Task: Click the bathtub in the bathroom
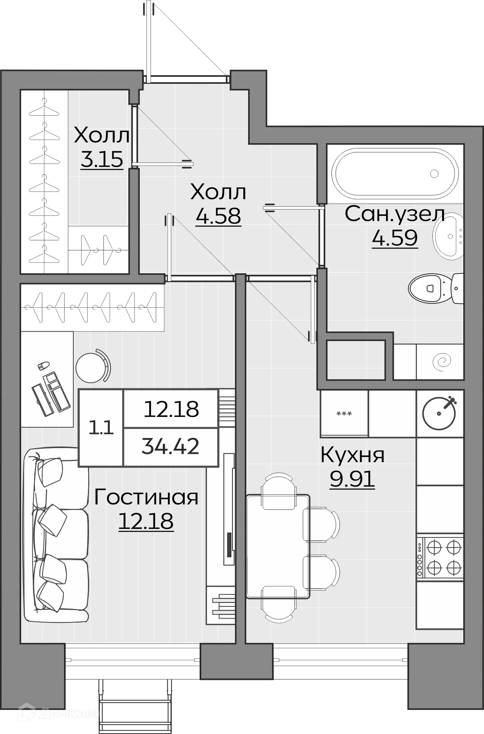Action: (395, 173)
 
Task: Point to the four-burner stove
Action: (440, 556)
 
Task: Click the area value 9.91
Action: (352, 480)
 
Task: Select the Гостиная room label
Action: (146, 497)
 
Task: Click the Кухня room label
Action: (352, 455)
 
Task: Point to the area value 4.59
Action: (395, 238)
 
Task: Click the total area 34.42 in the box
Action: (170, 447)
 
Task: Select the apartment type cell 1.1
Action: (101, 428)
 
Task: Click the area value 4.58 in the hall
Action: (218, 216)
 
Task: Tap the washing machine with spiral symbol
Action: (440, 362)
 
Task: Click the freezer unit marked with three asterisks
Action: (344, 413)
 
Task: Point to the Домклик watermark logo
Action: (59, 714)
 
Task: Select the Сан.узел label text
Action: (395, 214)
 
